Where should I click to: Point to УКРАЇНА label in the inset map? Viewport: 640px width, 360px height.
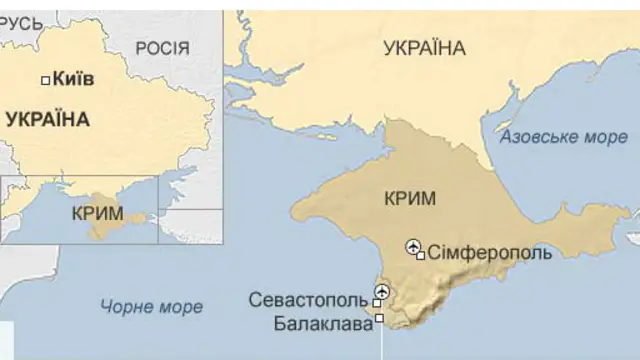pyautogui.click(x=47, y=119)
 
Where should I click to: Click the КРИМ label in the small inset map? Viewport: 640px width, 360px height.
pyautogui.click(x=97, y=213)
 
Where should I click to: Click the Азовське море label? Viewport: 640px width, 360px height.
pyautogui.click(x=563, y=137)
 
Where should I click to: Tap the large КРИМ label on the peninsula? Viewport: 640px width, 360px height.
pyautogui.click(x=410, y=198)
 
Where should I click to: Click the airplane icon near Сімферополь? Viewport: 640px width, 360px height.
pyautogui.click(x=413, y=246)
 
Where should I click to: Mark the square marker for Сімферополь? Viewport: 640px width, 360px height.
pyautogui.click(x=421, y=255)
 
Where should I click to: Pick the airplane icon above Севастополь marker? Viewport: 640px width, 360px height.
pyautogui.click(x=380, y=292)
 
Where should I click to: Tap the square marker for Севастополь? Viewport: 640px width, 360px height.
pyautogui.click(x=376, y=302)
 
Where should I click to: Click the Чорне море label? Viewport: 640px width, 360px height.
pyautogui.click(x=151, y=307)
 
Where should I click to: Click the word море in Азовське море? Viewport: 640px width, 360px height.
pyautogui.click(x=606, y=137)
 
